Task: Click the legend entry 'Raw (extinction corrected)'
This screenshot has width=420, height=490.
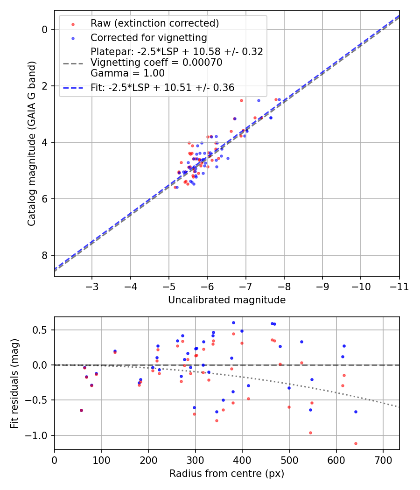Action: [x=154, y=23]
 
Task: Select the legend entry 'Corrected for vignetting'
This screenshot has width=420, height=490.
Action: [x=148, y=37]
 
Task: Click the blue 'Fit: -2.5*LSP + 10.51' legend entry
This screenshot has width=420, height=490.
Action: [x=162, y=87]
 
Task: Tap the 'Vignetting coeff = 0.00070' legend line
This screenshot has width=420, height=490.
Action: [x=156, y=63]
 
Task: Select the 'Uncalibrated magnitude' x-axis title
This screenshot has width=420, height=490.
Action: [x=227, y=300]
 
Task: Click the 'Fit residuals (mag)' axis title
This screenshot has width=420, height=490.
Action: [x=15, y=383]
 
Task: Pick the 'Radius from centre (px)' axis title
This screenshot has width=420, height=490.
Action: [x=227, y=474]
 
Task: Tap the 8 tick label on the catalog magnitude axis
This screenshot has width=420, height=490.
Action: [x=45, y=255]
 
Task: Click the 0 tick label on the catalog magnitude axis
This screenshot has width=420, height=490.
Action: [x=45, y=29]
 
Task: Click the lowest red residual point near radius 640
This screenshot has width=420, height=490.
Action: [x=356, y=443]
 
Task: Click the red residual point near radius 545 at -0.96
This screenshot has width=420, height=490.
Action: [x=310, y=433]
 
